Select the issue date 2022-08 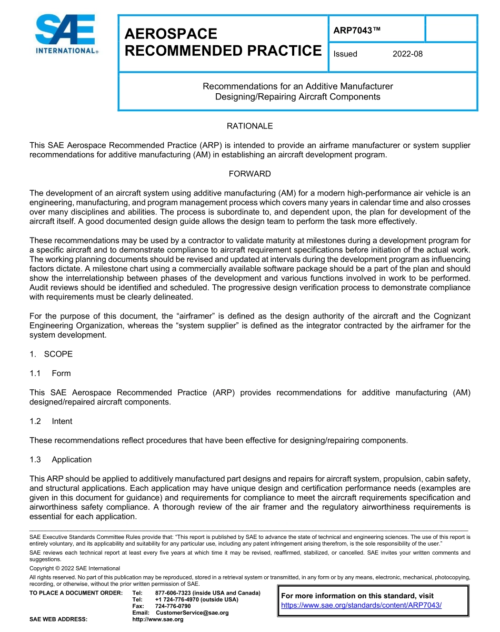(x=407, y=54)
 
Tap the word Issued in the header (x=345, y=54)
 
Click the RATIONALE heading (x=249, y=126)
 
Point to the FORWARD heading (x=249, y=174)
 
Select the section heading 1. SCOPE (x=51, y=354)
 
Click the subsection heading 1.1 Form (x=50, y=373)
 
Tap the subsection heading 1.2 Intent (x=51, y=421)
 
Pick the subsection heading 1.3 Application (x=61, y=459)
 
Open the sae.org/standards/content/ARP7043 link (x=361, y=605)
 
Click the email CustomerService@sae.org (x=192, y=613)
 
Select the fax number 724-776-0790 (x=173, y=606)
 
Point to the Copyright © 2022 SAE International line (x=75, y=568)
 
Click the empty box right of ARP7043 (x=451, y=29)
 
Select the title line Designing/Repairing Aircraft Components (x=298, y=97)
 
